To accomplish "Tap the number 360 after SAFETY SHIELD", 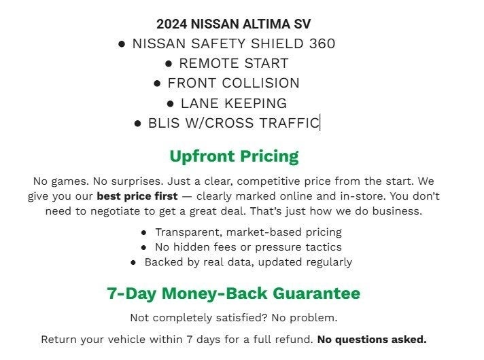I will pos(322,43).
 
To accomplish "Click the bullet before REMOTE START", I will pos(169,63).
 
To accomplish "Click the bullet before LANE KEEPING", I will pos(171,103).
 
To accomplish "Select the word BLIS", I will pos(163,123).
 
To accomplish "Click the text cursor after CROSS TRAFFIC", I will pos(320,123).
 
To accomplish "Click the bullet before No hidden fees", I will pos(143,247).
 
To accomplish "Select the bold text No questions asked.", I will pos(372,339).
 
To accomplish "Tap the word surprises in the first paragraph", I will pos(118,181).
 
